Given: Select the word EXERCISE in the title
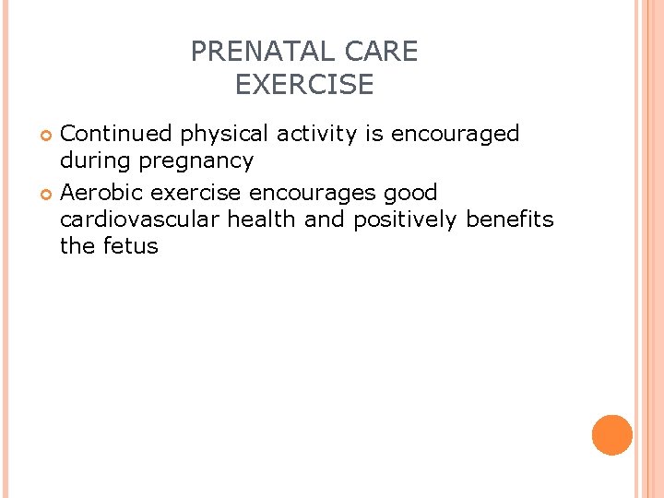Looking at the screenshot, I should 304,85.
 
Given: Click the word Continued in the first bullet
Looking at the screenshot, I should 116,134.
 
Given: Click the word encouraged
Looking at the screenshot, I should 456,135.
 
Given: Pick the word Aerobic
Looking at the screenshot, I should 101,193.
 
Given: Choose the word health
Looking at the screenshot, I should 262,219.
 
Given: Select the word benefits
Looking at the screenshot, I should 510,219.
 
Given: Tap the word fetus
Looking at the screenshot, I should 130,246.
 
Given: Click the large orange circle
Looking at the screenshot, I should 612,435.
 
